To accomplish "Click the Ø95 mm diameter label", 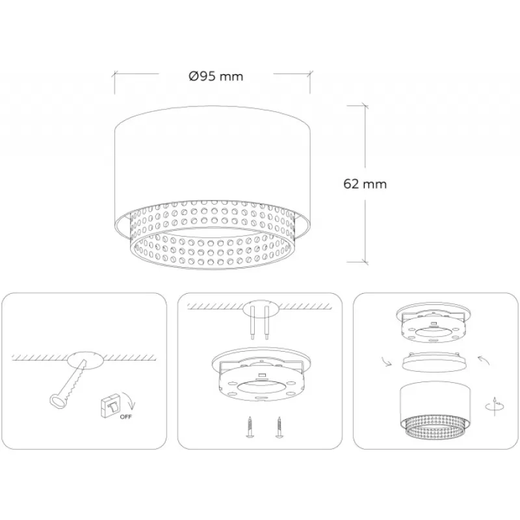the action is (x=216, y=76).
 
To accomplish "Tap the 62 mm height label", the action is (x=365, y=184).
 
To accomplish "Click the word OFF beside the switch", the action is (x=125, y=417).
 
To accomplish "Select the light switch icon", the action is (x=110, y=404).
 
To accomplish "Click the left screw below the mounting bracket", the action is (x=250, y=427).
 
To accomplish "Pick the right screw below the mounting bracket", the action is (x=279, y=427).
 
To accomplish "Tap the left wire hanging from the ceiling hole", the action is (x=253, y=322).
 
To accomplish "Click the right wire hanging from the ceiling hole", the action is (x=266, y=322).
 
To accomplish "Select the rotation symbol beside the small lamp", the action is (x=495, y=406).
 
